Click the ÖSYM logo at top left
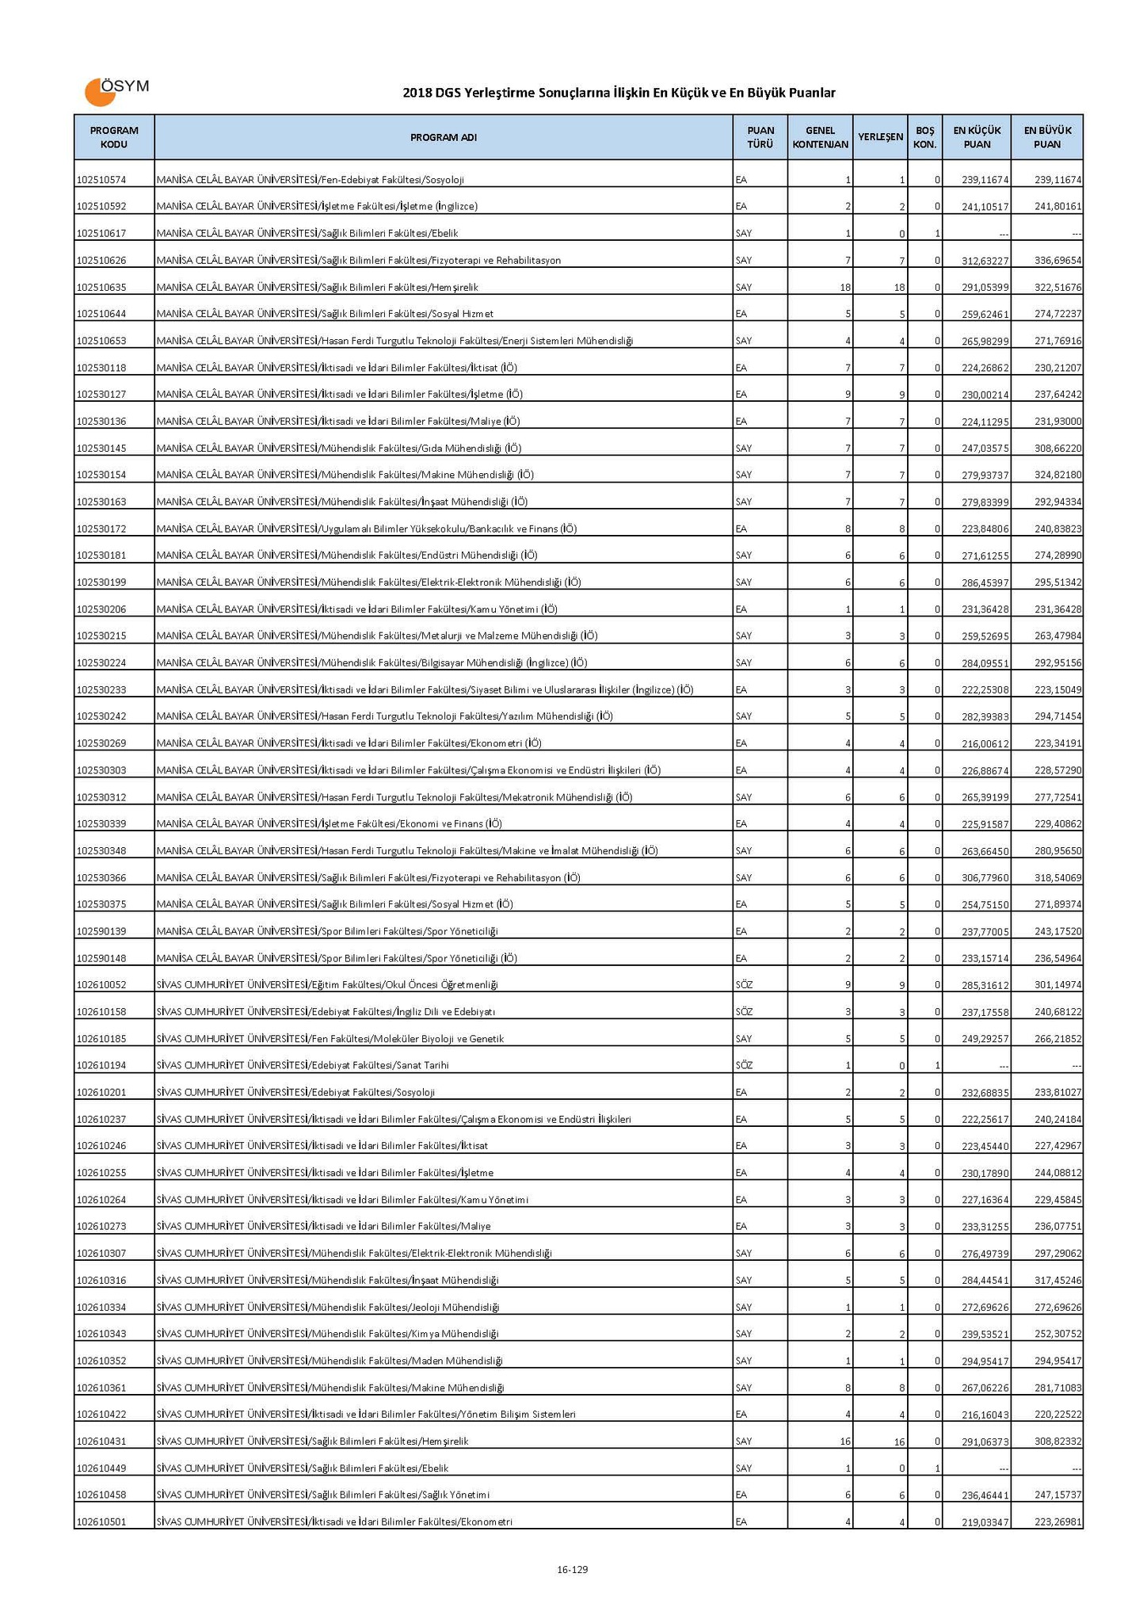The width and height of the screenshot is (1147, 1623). (x=116, y=91)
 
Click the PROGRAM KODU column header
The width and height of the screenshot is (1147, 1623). (x=114, y=137)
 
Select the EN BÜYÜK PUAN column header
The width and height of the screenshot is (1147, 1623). (x=1047, y=137)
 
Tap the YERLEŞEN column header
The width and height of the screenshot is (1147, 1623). (x=880, y=137)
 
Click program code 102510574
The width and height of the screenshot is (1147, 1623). (x=101, y=181)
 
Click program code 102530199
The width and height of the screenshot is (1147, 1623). (x=101, y=582)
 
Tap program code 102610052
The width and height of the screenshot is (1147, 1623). (x=101, y=985)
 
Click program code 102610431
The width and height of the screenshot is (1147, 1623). (x=101, y=1442)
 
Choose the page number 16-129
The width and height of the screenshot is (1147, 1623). (x=573, y=1569)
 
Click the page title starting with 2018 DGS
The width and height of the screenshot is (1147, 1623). (x=619, y=94)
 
